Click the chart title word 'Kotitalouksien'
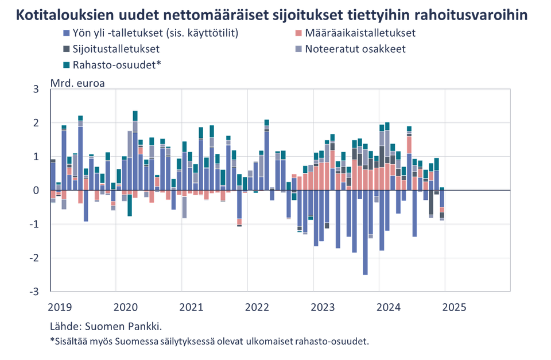pos(63,14)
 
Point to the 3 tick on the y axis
pos(36,90)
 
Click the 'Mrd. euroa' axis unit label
pos(78,83)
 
